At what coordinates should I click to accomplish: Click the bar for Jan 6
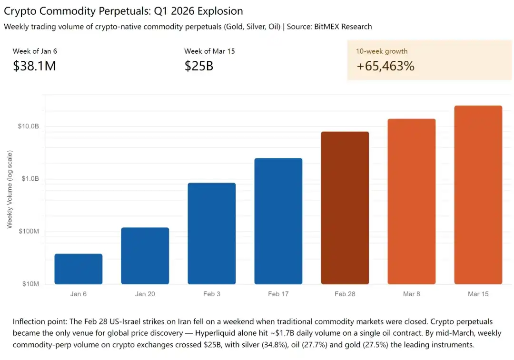coord(79,269)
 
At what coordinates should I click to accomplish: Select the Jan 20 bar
coord(145,256)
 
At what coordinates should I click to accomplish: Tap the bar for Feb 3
coord(212,234)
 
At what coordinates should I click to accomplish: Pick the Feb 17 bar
coord(278,221)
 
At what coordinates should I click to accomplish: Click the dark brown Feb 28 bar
coord(345,208)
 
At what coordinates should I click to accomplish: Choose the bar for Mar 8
coord(412,202)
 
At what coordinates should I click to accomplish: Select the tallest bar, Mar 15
coord(478,195)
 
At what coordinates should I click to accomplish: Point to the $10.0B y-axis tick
coord(29,126)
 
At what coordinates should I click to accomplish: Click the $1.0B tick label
coord(30,179)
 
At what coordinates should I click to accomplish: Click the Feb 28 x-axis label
coord(345,294)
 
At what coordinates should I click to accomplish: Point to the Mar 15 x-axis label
coord(478,294)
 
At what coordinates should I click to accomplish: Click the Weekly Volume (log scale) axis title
coord(10,189)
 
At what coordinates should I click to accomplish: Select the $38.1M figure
coord(34,66)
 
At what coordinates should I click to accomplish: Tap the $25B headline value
coord(198,66)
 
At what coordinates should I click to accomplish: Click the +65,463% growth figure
coord(385,66)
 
